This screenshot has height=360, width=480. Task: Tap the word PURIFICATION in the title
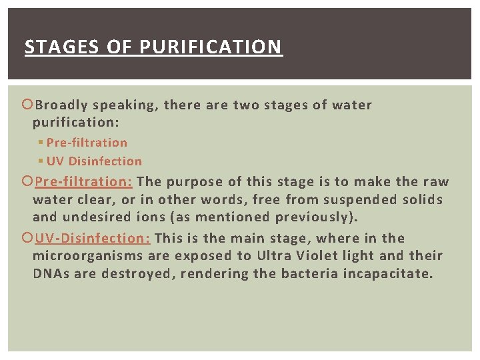pyautogui.click(x=211, y=47)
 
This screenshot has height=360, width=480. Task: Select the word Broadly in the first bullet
pyautogui.click(x=61, y=105)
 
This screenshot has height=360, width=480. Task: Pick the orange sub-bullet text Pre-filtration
pyautogui.click(x=87, y=143)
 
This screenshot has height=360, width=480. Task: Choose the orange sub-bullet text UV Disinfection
pyautogui.click(x=94, y=161)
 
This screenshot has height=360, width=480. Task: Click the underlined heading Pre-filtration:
pyautogui.click(x=83, y=182)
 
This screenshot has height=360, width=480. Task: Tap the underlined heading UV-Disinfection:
pyautogui.click(x=92, y=239)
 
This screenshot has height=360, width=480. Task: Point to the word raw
pyautogui.click(x=436, y=182)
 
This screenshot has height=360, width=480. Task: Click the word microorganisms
pyautogui.click(x=87, y=256)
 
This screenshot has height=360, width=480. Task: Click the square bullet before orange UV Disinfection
pyautogui.click(x=41, y=161)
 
